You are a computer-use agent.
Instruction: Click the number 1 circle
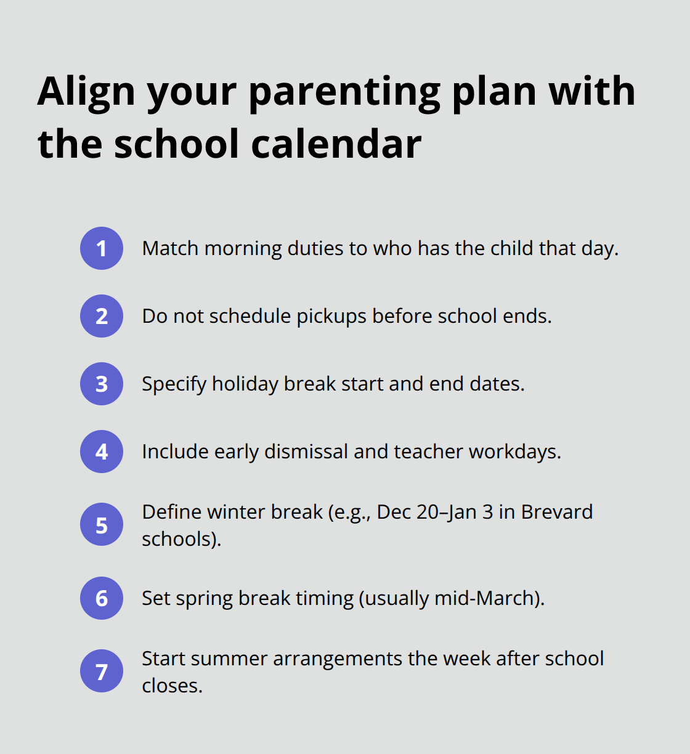click(102, 248)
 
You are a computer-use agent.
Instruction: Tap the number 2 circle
click(102, 316)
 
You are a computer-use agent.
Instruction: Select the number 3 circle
click(102, 384)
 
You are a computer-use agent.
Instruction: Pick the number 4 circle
click(102, 452)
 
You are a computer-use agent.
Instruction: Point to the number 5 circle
click(102, 525)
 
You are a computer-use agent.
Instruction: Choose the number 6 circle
click(102, 598)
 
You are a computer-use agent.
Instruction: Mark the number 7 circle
click(102, 671)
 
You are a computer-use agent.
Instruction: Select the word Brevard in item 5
click(557, 512)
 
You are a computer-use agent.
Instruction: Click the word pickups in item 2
click(331, 317)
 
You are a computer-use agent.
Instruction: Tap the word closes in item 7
click(171, 686)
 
